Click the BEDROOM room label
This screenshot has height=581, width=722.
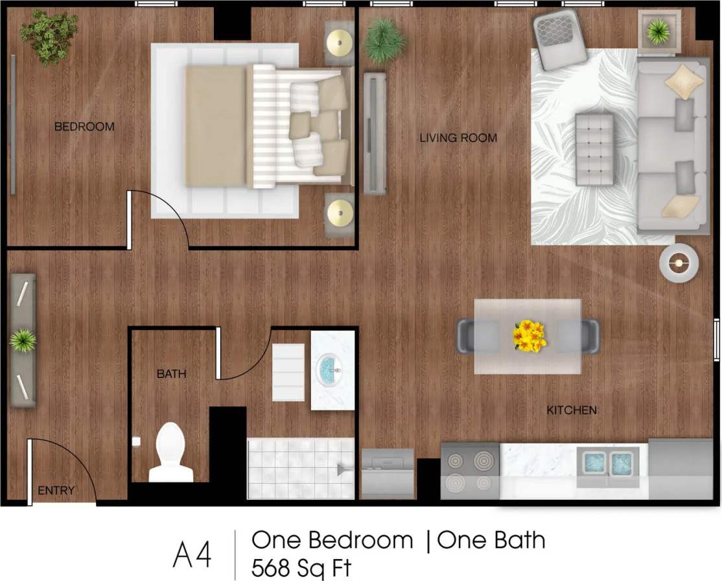tap(84, 126)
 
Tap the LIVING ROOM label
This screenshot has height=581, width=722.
tap(458, 137)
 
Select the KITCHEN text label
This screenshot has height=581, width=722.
tap(571, 410)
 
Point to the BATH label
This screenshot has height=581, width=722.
tap(171, 373)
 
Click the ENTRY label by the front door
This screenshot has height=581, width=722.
tap(56, 490)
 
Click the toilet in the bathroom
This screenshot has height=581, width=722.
tap(170, 452)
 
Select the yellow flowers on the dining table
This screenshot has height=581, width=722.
tap(529, 335)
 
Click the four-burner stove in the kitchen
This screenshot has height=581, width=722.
tap(470, 471)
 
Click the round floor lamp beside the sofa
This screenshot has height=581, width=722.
tap(679, 263)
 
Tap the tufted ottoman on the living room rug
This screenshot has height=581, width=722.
tap(594, 149)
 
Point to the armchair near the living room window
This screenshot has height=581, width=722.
tap(559, 40)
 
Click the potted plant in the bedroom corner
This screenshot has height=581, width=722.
tap(49, 36)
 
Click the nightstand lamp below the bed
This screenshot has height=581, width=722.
tap(340, 212)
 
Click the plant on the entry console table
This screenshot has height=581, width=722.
tap(23, 340)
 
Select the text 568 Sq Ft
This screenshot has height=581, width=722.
tap(301, 568)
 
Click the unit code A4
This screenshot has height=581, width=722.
tap(192, 554)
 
